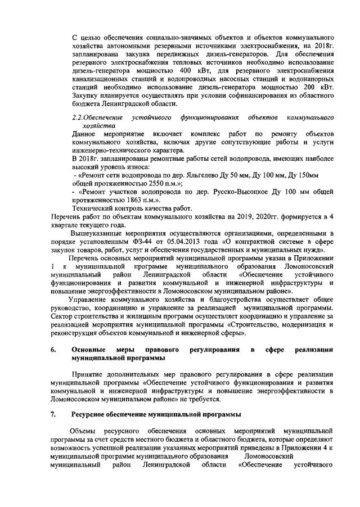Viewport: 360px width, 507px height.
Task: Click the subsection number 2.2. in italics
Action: coord(82,117)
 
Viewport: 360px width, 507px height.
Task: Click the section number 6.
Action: coord(52,350)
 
